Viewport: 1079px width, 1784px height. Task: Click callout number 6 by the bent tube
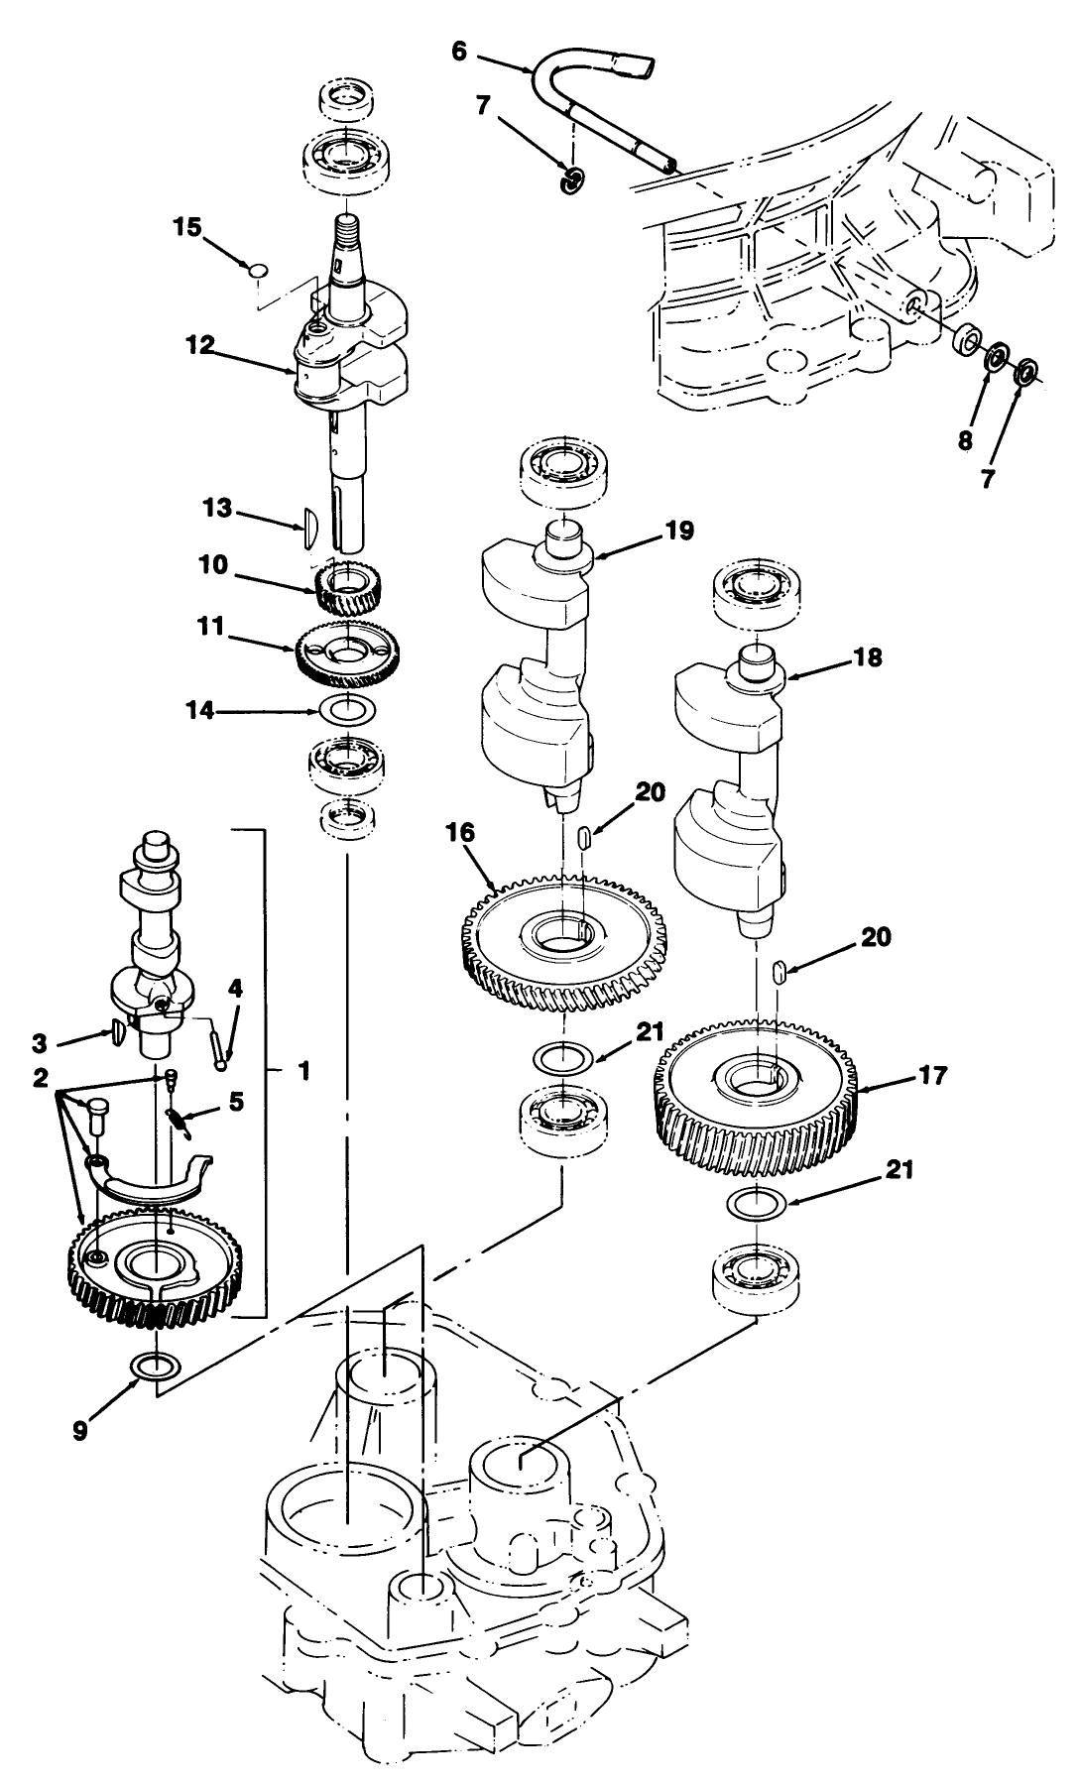[x=458, y=51]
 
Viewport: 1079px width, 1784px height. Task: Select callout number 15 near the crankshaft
[x=186, y=228]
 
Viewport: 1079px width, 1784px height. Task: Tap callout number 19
[x=680, y=532]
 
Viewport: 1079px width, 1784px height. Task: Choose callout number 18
[x=868, y=657]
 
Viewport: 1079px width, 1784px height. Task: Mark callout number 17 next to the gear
[x=933, y=1075]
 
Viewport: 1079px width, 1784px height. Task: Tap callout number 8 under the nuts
[x=965, y=440]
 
